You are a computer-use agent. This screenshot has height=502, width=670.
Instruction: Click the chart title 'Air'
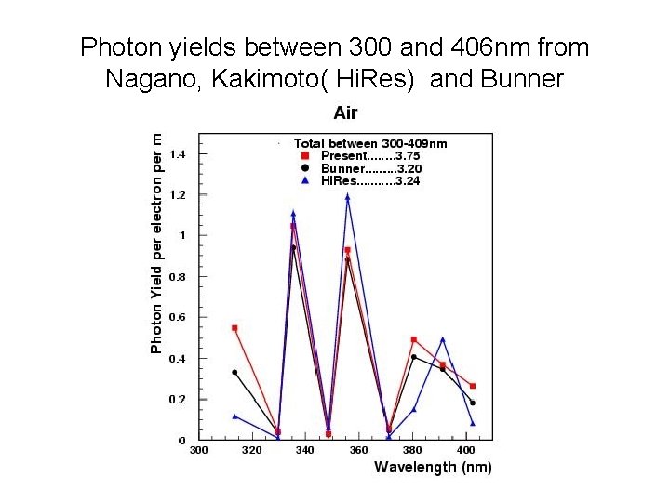345,113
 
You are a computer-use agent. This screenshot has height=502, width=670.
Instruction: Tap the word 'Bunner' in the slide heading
522,79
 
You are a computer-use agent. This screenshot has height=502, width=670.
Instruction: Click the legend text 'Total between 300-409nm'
370,143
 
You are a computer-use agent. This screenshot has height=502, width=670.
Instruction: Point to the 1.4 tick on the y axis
177,154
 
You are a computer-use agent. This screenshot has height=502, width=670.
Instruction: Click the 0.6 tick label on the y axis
177,317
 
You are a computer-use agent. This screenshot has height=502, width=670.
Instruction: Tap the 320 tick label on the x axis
251,450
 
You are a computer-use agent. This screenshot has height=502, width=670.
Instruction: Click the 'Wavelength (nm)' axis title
433,467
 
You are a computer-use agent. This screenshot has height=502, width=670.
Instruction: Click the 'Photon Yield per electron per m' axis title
157,243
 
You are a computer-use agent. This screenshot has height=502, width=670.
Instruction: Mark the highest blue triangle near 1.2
347,196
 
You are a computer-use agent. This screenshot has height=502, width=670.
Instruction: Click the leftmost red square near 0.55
234,328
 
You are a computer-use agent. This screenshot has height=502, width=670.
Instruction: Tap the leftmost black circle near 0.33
234,372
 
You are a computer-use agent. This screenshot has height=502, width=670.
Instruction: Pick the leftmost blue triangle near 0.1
234,416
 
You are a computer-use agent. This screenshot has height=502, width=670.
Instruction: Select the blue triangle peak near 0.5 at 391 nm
443,339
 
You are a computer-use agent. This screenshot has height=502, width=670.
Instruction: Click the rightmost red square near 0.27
473,386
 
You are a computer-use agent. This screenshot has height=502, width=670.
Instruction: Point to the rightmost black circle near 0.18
473,403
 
